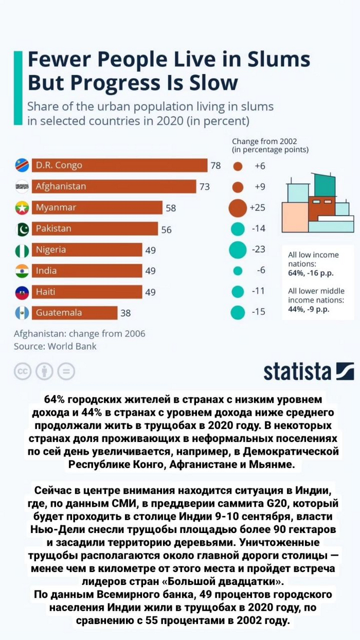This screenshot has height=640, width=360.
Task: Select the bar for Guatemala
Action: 75,312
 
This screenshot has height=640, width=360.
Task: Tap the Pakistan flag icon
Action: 22,229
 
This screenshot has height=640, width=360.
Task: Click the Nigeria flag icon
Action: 22,251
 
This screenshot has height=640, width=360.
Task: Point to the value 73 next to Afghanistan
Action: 205,187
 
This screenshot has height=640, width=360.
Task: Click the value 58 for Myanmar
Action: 171,208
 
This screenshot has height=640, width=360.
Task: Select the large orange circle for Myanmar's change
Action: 238,208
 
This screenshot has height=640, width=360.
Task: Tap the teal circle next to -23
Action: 238,250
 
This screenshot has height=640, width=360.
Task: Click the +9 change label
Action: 260,187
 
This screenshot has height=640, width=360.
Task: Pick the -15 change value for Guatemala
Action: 259,312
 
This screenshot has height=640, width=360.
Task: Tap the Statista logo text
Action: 297,370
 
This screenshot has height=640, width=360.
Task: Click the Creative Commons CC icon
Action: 23,371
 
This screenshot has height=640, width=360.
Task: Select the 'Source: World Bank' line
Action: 55,346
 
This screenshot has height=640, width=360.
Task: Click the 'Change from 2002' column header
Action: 270,146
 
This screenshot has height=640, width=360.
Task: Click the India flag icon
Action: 22,271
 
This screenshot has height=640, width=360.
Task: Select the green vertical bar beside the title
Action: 17,81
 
